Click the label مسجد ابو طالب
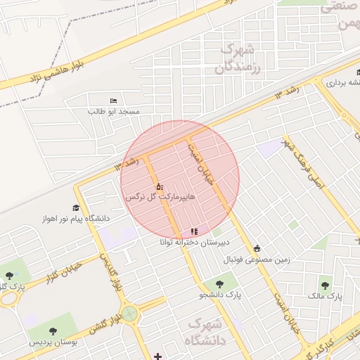114,112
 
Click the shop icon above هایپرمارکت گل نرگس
160,187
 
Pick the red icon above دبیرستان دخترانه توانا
194,231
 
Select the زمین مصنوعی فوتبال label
257,259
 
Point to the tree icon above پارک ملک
325,285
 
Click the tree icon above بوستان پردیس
53,331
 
